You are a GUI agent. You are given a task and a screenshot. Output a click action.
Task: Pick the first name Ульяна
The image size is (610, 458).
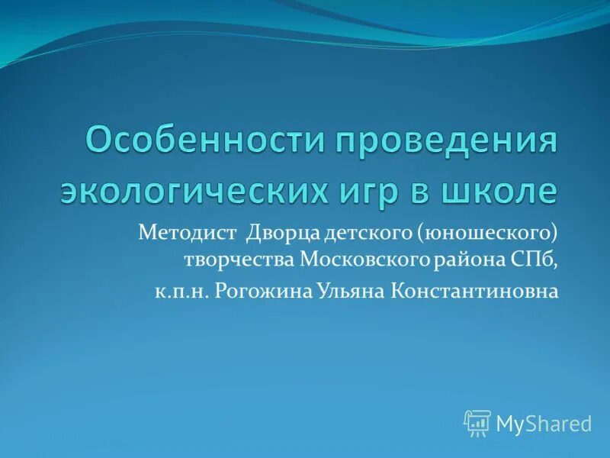pyautogui.click(x=346, y=291)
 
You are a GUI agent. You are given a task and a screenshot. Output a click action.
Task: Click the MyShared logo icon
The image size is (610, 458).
pyautogui.click(x=477, y=422)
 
